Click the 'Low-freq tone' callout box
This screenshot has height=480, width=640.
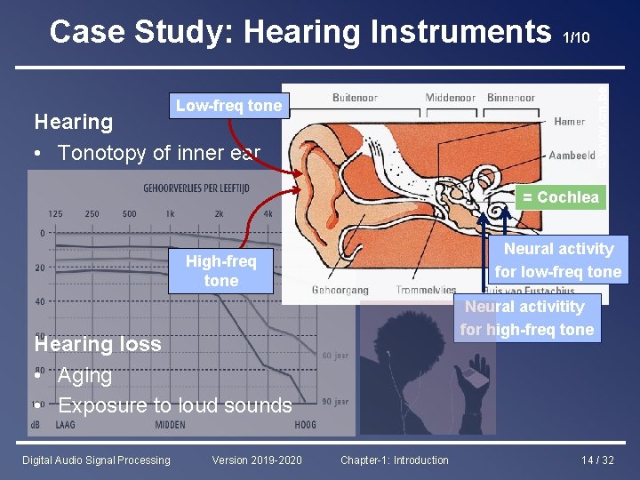click(228, 106)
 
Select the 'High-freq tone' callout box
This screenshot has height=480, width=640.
click(220, 270)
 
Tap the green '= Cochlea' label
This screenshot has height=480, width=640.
click(560, 197)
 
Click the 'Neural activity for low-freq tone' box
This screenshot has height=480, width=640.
click(558, 260)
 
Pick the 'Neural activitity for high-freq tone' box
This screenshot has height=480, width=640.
click(526, 318)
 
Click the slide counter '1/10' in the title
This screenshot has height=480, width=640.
click(576, 37)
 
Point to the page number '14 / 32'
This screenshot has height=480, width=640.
click(597, 460)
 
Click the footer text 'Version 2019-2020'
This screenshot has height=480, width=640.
click(257, 460)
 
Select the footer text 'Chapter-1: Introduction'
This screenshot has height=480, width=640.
click(395, 460)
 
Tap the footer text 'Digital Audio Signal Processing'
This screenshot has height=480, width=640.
click(96, 460)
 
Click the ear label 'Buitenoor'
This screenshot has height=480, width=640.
click(355, 98)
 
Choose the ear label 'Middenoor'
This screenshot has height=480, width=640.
click(450, 98)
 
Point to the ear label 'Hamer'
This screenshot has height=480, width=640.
click(569, 122)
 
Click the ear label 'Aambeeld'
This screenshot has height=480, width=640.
click(572, 156)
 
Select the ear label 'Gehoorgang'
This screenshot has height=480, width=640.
click(340, 291)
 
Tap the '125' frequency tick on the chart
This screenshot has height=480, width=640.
click(55, 213)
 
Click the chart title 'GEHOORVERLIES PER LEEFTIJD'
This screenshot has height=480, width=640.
click(196, 188)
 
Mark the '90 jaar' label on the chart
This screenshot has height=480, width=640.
click(334, 402)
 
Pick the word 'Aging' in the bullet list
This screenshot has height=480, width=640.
click(84, 375)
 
